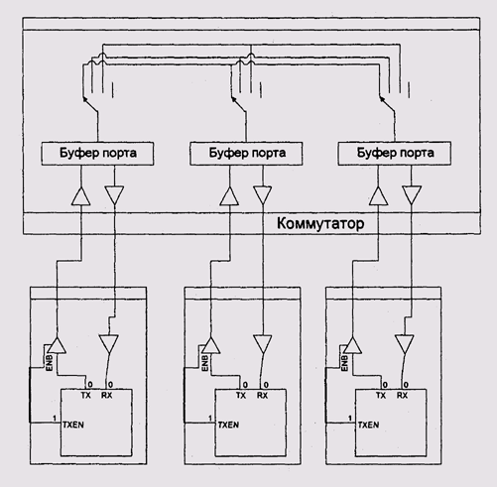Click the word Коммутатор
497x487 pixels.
pos(320,223)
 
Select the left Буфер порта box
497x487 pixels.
pos(97,154)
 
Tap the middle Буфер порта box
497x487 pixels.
pos(246,154)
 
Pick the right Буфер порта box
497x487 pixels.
pos(394,154)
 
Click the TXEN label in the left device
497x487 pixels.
pos(73,425)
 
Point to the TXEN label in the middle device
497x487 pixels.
pos(228,425)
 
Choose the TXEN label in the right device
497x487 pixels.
pos(368,425)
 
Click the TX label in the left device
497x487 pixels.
pos(85,395)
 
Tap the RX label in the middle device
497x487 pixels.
pos(262,395)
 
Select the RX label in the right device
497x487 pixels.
pos(402,395)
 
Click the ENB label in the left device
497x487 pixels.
pos(50,363)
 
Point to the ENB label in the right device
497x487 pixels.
pos(344,363)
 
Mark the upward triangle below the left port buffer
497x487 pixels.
pos(81,196)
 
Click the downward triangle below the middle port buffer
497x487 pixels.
pos(263,195)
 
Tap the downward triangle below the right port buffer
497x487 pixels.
pos(412,195)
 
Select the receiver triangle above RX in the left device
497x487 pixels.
pos(109,344)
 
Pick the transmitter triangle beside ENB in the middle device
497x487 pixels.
pos(211,345)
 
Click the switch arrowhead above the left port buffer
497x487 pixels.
pos(85,98)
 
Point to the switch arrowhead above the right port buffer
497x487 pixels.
pos(382,98)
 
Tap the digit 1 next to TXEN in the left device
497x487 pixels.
pos(55,419)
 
